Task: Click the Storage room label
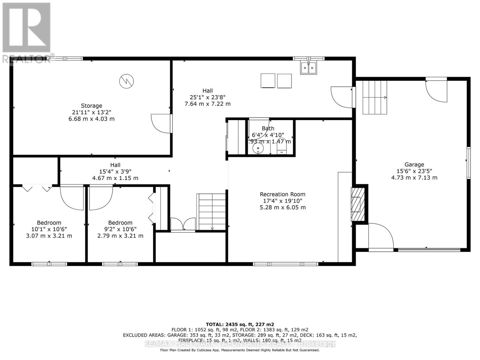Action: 91,106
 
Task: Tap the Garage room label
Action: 414,164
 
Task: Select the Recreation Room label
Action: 283,194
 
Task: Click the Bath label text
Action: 268,128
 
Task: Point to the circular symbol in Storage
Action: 126,81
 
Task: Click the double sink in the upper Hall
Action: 308,68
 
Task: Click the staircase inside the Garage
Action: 374,97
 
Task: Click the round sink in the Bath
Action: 258,148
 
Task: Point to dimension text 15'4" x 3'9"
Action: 115,172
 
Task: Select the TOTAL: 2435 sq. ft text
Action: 240,324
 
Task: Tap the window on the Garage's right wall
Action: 468,163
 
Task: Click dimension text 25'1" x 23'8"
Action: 207,97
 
